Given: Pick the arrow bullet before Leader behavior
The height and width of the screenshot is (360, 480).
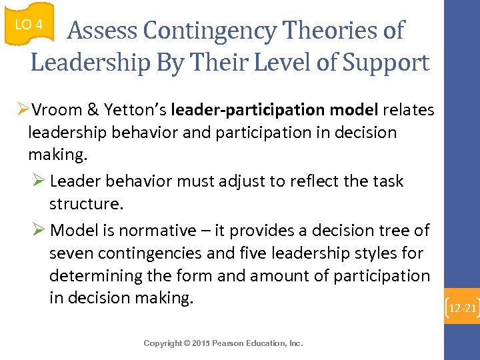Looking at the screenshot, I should [x=39, y=181].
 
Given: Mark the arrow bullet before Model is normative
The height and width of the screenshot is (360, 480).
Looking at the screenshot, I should [x=39, y=231].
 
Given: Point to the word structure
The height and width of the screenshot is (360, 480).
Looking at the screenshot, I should [x=86, y=203].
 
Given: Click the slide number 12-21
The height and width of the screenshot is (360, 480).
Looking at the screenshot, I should [x=462, y=309].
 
